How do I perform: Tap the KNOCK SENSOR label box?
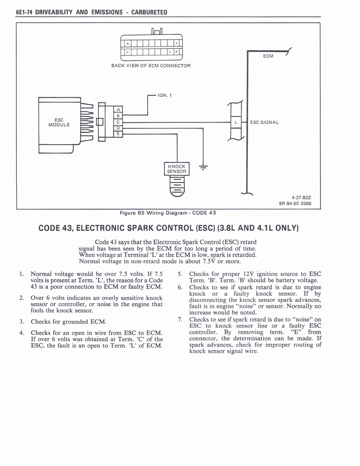176,169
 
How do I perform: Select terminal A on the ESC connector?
118,110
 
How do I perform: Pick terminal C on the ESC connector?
118,122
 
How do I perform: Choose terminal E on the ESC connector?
118,134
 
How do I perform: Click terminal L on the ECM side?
236,122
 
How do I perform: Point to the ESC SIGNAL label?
264,122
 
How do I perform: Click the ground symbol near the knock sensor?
203,167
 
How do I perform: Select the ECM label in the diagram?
269,56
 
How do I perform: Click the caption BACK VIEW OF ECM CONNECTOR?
151,66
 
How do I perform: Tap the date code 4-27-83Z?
302,198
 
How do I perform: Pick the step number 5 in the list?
180,274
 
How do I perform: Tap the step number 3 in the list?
21,322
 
